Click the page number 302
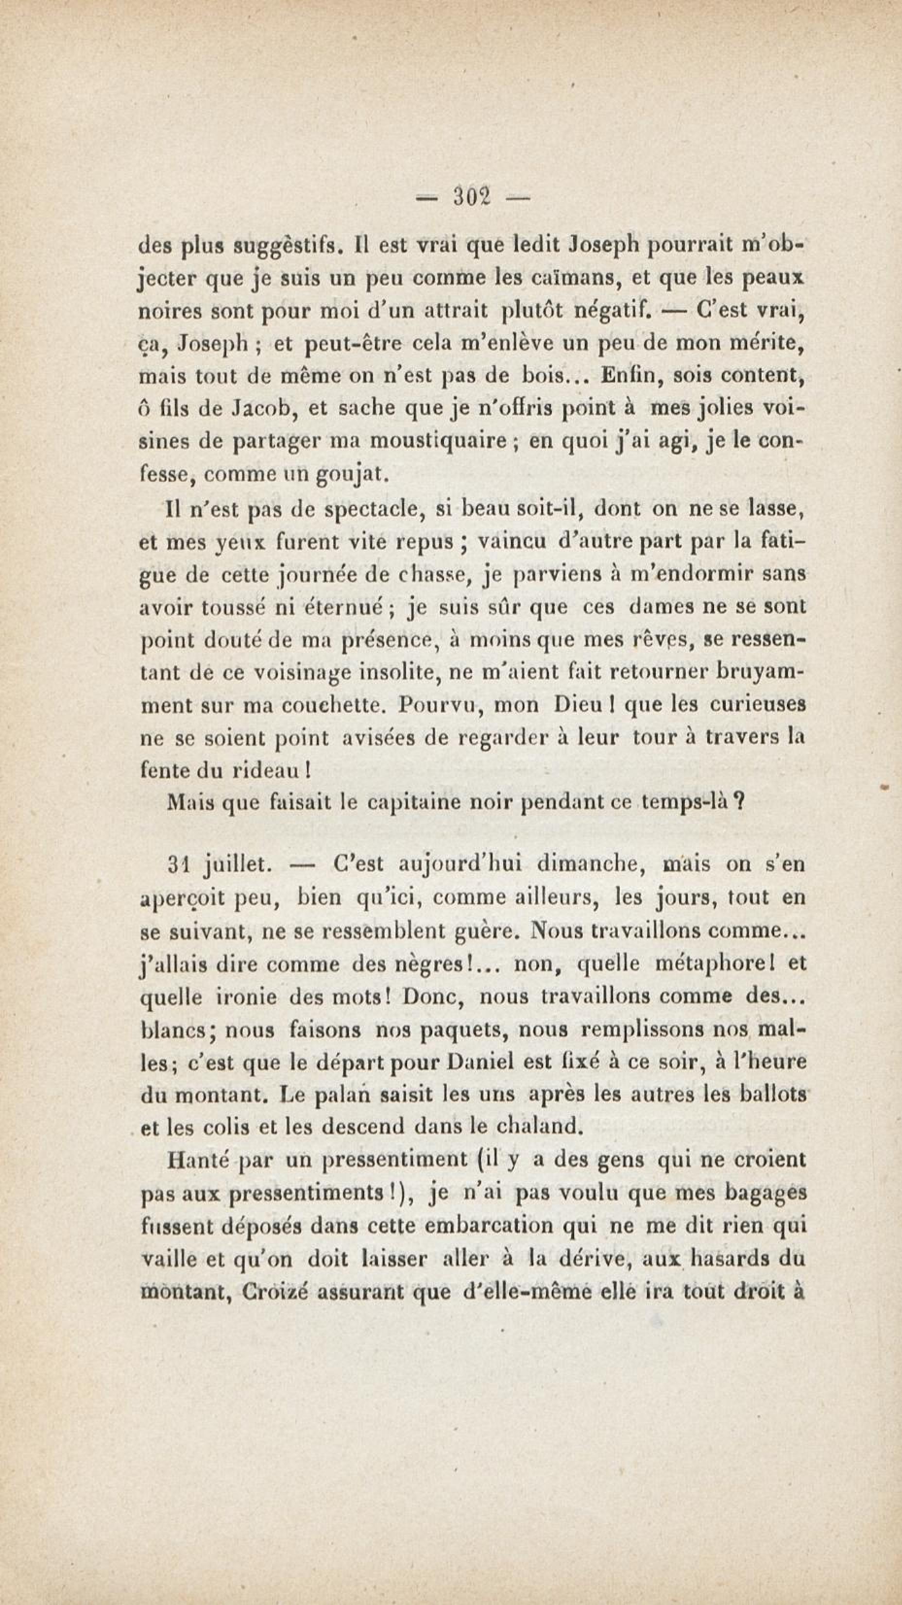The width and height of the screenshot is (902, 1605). coord(473,197)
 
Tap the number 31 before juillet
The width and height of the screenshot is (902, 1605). coord(178,865)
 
